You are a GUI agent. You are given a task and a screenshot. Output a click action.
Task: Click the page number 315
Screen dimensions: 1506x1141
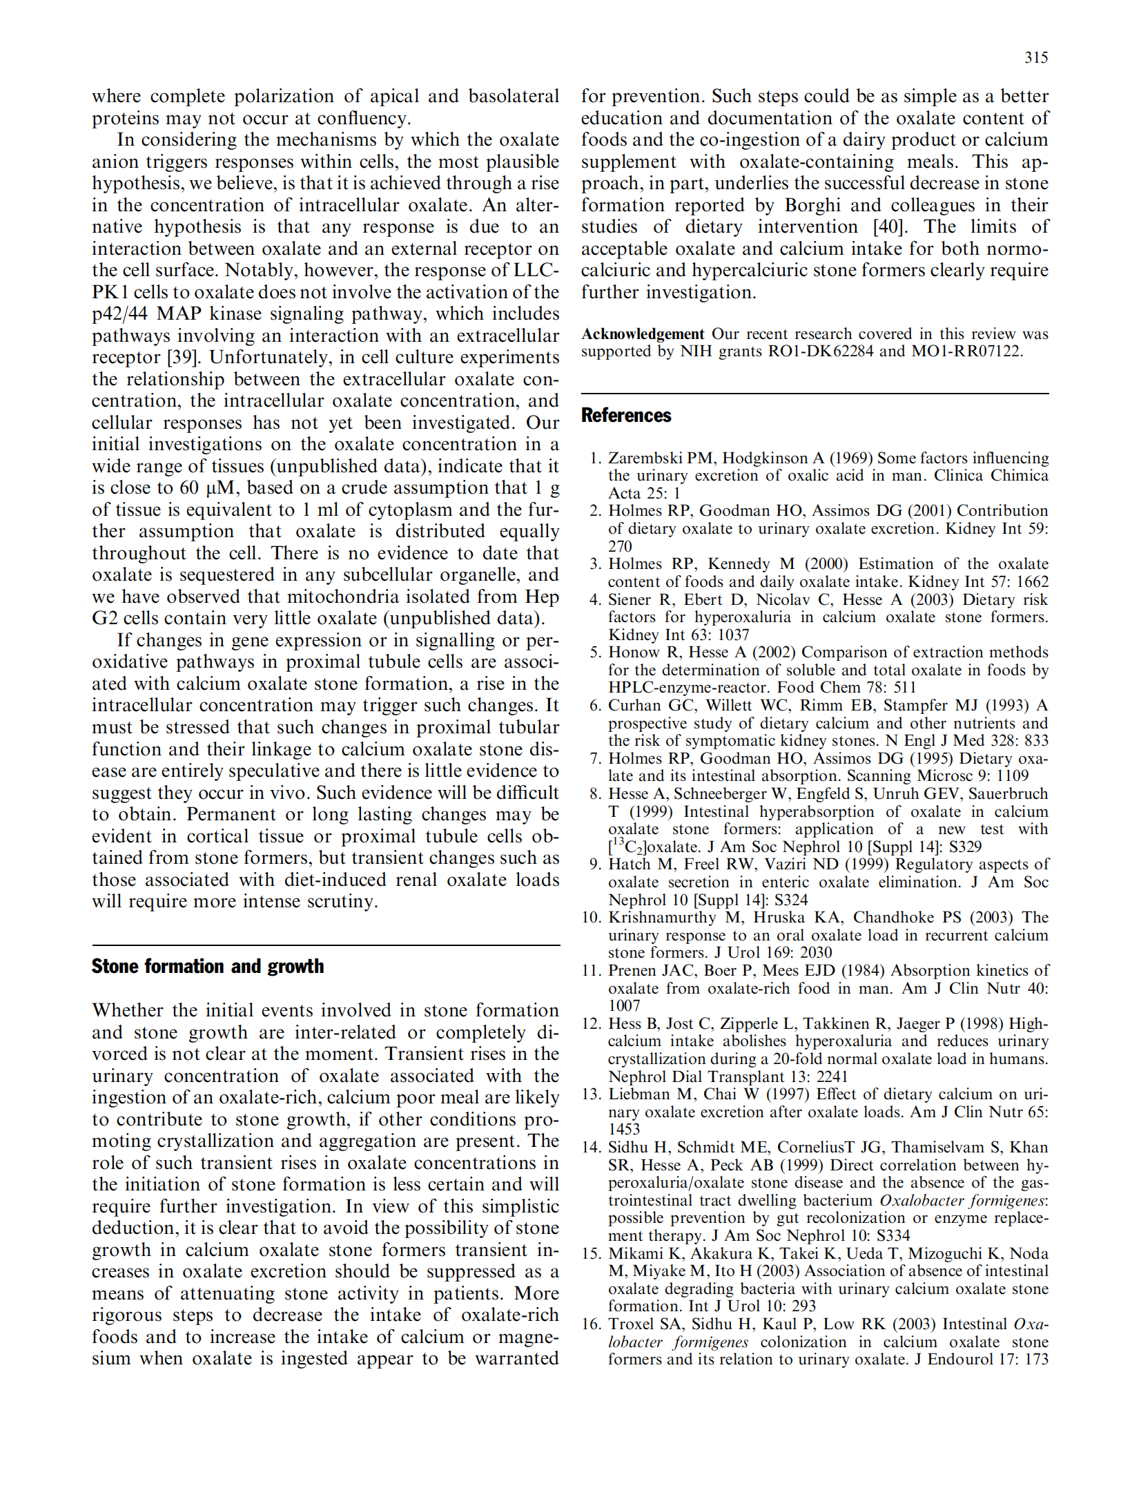pos(1035,58)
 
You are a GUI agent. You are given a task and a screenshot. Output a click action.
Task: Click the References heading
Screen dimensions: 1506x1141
pos(625,415)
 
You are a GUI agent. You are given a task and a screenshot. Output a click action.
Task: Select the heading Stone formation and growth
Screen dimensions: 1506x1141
pos(207,966)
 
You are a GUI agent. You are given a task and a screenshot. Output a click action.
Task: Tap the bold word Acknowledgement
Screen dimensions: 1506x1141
pos(642,334)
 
